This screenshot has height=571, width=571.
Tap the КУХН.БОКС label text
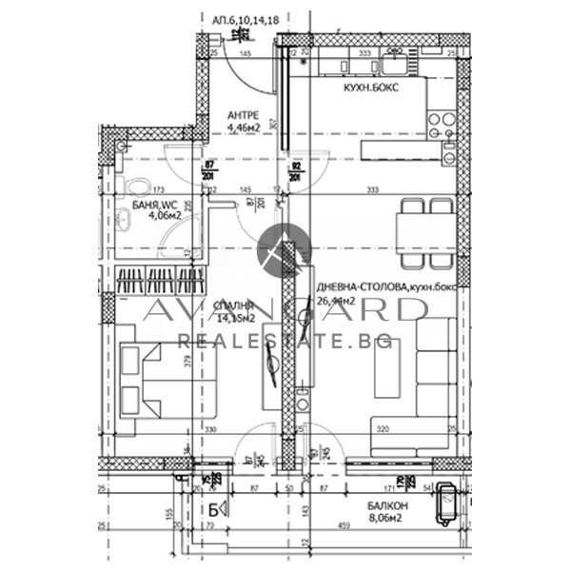[x=370, y=87]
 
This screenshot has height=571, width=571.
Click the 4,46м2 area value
[x=245, y=128]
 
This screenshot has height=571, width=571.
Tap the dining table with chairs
[x=424, y=226]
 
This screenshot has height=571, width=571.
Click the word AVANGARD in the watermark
[x=285, y=309]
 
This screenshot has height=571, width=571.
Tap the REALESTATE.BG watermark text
[x=285, y=340]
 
